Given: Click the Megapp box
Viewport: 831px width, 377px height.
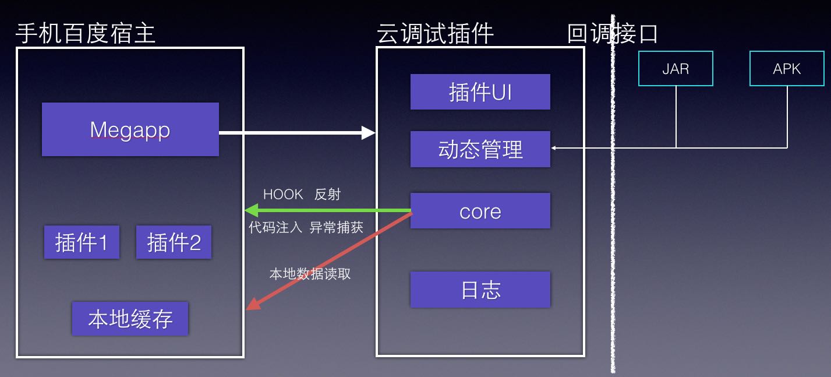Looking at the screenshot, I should (130, 129).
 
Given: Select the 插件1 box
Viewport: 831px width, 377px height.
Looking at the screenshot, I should (82, 242).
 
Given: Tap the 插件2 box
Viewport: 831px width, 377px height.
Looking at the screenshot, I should (174, 242).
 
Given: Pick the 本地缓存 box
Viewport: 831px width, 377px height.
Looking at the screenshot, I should (130, 319).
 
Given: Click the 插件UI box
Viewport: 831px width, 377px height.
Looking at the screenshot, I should (480, 92).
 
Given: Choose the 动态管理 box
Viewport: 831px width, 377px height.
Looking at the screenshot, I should (480, 149).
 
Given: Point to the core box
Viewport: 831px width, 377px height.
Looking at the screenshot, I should (480, 211).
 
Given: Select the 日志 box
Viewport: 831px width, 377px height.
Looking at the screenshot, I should (480, 290).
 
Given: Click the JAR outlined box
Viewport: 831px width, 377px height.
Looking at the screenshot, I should (676, 69).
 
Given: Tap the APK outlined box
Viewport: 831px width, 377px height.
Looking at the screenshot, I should (787, 69).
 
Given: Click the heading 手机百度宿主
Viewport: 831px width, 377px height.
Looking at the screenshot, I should (85, 34).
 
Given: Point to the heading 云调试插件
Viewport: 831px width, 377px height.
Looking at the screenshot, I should (435, 34).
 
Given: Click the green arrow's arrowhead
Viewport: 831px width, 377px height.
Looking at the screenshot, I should (252, 210).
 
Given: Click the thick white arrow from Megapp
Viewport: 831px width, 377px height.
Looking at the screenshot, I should (297, 133).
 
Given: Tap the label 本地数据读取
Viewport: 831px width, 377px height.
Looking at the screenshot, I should (310, 274).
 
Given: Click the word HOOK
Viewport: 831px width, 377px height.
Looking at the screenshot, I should (283, 195).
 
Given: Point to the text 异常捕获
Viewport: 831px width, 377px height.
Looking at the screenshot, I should (336, 228).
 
